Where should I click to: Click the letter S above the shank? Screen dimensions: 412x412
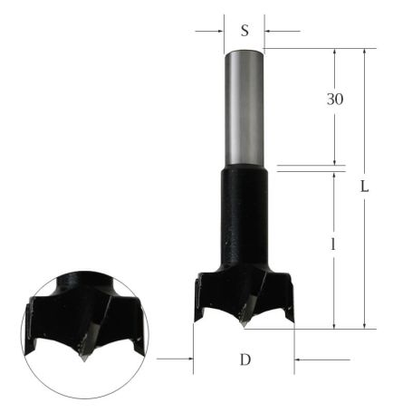tap(244, 30)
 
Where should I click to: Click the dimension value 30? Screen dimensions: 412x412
tap(336, 98)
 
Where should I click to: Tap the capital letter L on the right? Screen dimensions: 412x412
tap(364, 187)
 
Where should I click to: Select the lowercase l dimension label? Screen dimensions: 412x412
tap(334, 269)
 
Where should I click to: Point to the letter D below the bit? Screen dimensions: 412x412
tap(244, 360)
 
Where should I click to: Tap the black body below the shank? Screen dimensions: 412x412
tap(244, 217)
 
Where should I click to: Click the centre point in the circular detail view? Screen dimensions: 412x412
tap(82, 354)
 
